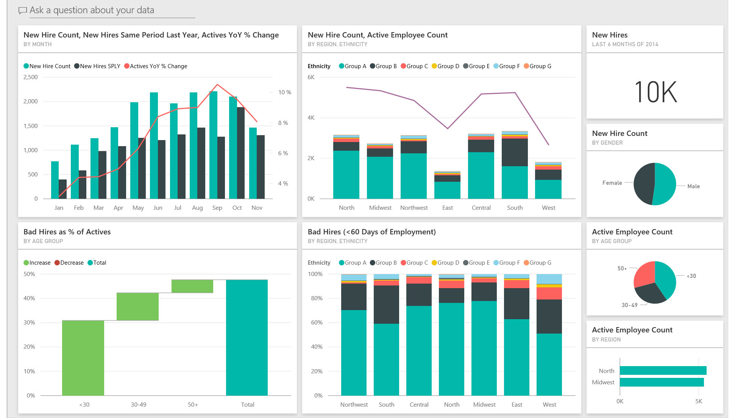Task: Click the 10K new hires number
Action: click(x=655, y=92)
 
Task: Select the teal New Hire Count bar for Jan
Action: click(x=55, y=180)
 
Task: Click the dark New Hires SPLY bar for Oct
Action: click(x=241, y=153)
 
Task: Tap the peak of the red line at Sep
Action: click(x=217, y=84)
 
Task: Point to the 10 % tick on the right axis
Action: click(x=284, y=92)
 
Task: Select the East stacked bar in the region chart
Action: click(x=447, y=186)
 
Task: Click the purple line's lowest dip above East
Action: click(x=448, y=128)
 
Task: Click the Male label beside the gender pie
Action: click(x=693, y=186)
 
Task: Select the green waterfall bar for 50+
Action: click(x=192, y=286)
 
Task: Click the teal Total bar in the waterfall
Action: click(x=247, y=337)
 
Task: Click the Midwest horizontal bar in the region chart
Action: click(x=662, y=382)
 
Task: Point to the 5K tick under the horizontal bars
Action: click(x=699, y=401)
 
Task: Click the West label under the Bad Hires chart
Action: click(x=549, y=405)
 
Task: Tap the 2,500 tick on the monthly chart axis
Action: click(x=31, y=77)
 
